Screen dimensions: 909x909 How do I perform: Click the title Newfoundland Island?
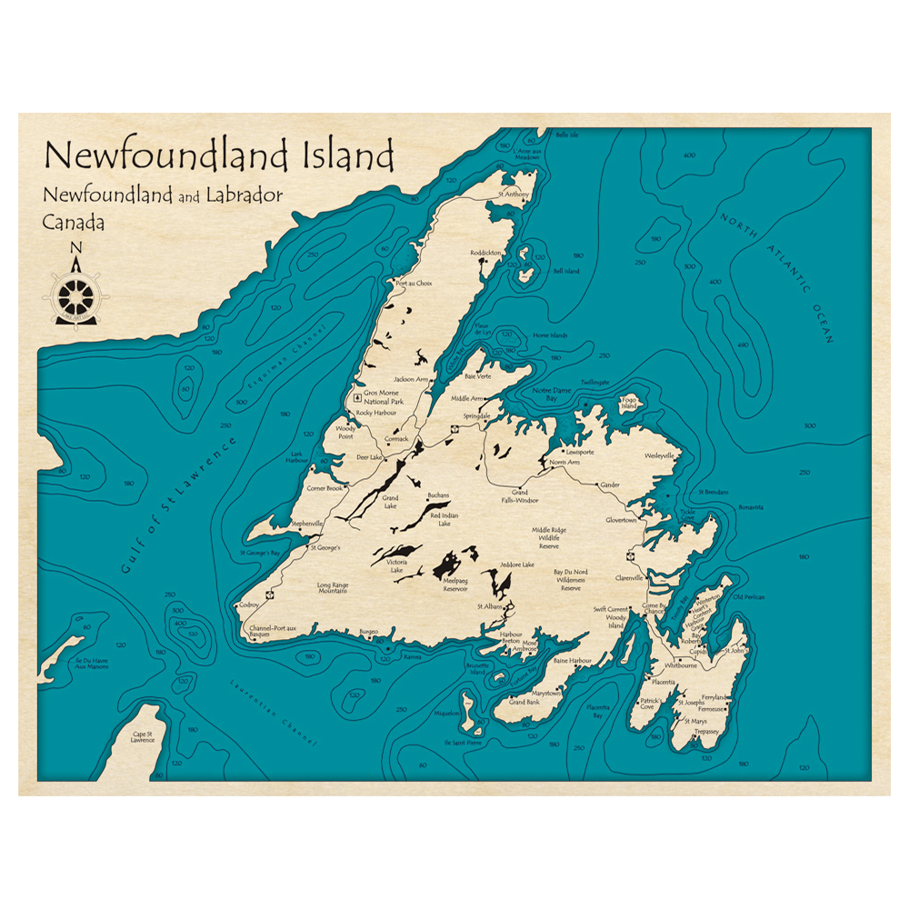[219, 155]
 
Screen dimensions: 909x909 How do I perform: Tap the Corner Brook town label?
[325, 488]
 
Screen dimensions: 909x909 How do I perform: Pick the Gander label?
[610, 485]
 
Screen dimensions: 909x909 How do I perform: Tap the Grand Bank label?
[524, 702]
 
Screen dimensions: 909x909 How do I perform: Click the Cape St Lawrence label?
[144, 736]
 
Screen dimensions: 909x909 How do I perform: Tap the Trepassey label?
[706, 731]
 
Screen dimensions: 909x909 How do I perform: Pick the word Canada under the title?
[73, 223]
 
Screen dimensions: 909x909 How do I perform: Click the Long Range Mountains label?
[332, 587]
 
